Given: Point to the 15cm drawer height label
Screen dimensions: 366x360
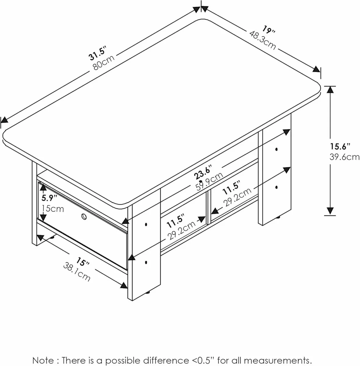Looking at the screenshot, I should coord(53,209).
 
